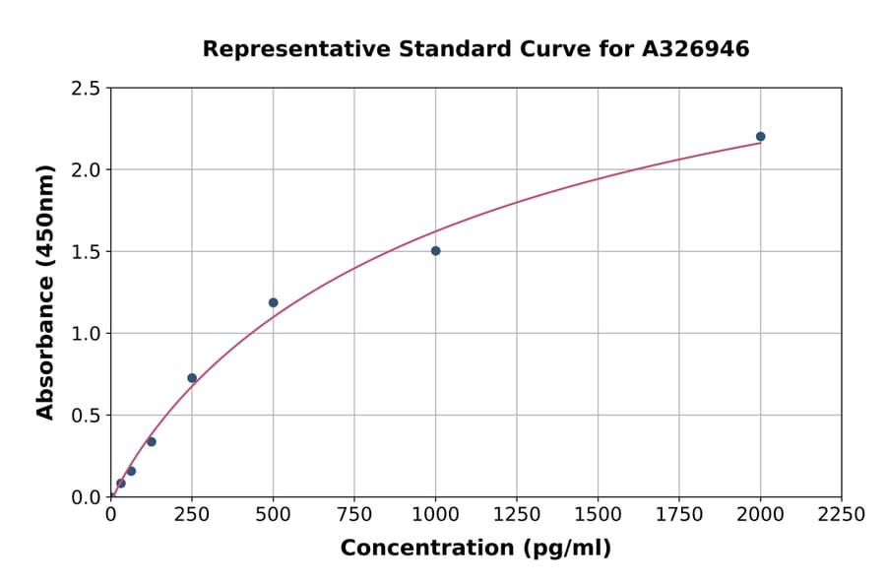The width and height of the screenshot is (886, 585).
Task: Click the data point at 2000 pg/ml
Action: tap(760, 137)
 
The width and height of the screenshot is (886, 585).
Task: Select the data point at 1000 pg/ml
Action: tap(435, 251)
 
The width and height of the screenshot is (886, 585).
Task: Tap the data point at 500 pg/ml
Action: tap(273, 302)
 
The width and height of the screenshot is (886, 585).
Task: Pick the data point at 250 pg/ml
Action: tap(192, 378)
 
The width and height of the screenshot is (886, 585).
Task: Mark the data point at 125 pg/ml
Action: tap(152, 441)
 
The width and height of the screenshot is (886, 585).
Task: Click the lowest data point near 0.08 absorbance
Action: tap(121, 484)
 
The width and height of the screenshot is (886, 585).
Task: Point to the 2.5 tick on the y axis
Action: tap(87, 89)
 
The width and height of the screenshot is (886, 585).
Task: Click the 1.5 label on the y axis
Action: tap(87, 252)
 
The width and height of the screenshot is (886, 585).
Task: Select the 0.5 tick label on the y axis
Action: tap(87, 416)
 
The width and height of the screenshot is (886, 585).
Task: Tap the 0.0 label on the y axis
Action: tap(87, 497)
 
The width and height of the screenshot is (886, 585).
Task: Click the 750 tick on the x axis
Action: tap(354, 515)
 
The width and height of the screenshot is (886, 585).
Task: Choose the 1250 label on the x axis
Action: tap(517, 515)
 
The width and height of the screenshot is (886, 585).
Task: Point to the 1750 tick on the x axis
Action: tap(679, 515)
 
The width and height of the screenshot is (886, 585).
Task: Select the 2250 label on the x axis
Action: tap(842, 515)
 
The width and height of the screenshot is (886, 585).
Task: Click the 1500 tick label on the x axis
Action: tap(598, 515)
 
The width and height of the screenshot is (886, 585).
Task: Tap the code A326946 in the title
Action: tap(695, 49)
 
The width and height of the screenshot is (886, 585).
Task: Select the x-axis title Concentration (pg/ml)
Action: tap(475, 549)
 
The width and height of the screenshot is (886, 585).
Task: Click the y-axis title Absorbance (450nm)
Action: tap(45, 292)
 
